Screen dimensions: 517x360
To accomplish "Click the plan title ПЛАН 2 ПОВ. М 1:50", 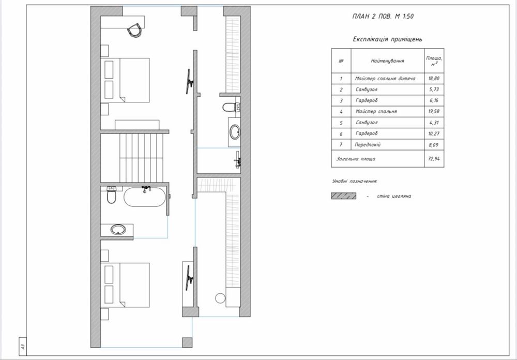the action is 383,16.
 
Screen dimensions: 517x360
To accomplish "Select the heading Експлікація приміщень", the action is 387,39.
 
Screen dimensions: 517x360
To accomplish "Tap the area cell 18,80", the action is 434,79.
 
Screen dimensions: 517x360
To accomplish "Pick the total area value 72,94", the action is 434,159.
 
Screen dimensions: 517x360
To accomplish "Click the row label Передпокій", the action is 368,144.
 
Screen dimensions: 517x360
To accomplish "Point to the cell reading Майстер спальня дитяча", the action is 385,79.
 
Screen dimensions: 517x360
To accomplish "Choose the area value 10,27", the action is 434,133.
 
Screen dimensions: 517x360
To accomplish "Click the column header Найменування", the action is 387,61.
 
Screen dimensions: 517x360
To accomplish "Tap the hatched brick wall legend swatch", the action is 344,196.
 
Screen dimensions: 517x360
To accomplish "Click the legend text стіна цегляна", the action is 394,196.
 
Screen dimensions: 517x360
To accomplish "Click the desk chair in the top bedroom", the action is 135,31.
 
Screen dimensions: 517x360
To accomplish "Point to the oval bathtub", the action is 145,197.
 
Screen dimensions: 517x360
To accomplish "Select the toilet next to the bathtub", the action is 112,195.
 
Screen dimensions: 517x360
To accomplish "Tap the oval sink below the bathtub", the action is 118,229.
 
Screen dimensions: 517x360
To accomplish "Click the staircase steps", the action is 142,158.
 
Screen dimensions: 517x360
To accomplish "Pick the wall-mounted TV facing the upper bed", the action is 189,81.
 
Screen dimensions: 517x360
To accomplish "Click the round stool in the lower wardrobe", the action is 220,298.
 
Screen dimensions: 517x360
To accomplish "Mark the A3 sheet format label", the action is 23,347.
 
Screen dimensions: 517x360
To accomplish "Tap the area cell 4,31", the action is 434,123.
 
